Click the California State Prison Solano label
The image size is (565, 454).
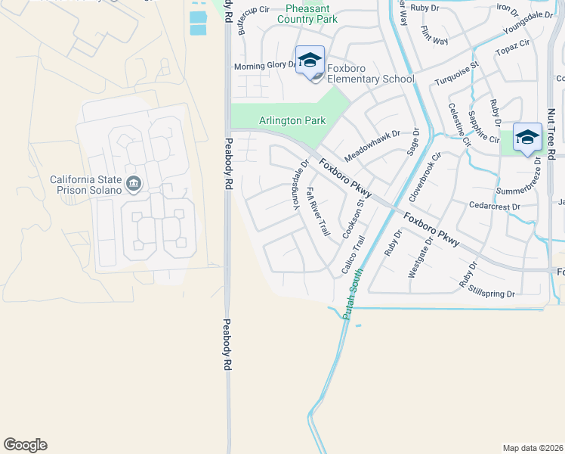85,185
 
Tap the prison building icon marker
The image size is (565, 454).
134,183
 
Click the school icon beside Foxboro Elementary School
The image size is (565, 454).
310,60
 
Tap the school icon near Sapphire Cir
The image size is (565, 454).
527,137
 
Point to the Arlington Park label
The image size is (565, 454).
292,120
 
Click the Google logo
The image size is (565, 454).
25,445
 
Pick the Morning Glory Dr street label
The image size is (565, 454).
265,66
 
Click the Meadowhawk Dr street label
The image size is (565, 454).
372,145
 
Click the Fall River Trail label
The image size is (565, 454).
319,213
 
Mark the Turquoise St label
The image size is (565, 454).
456,74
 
